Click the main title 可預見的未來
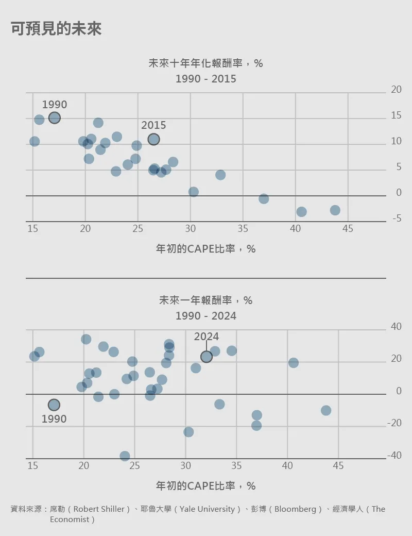pyautogui.click(x=56, y=29)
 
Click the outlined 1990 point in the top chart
pyautogui.click(x=55, y=118)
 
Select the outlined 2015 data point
pyautogui.click(x=153, y=139)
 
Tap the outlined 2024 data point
pyautogui.click(x=207, y=357)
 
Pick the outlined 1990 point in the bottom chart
pyautogui.click(x=54, y=405)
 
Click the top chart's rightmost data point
pyautogui.click(x=335, y=210)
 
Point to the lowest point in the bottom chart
pyautogui.click(x=125, y=456)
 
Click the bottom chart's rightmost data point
pyautogui.click(x=326, y=411)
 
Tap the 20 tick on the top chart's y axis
pyautogui.click(x=396, y=90)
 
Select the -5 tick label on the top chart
pyautogui.click(x=396, y=219)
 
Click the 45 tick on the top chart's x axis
pyautogui.click(x=348, y=229)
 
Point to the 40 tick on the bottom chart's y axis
pyautogui.click(x=396, y=327)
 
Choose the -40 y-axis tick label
pyautogui.click(x=394, y=456)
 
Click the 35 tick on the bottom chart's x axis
pyautogui.click(x=236, y=466)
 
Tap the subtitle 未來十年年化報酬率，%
pyautogui.click(x=206, y=63)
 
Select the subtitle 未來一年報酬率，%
pyautogui.click(x=206, y=300)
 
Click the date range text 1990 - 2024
pyautogui.click(x=206, y=316)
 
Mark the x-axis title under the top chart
pyautogui.click(x=206, y=249)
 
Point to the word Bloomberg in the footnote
pyautogui.click(x=295, y=509)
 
